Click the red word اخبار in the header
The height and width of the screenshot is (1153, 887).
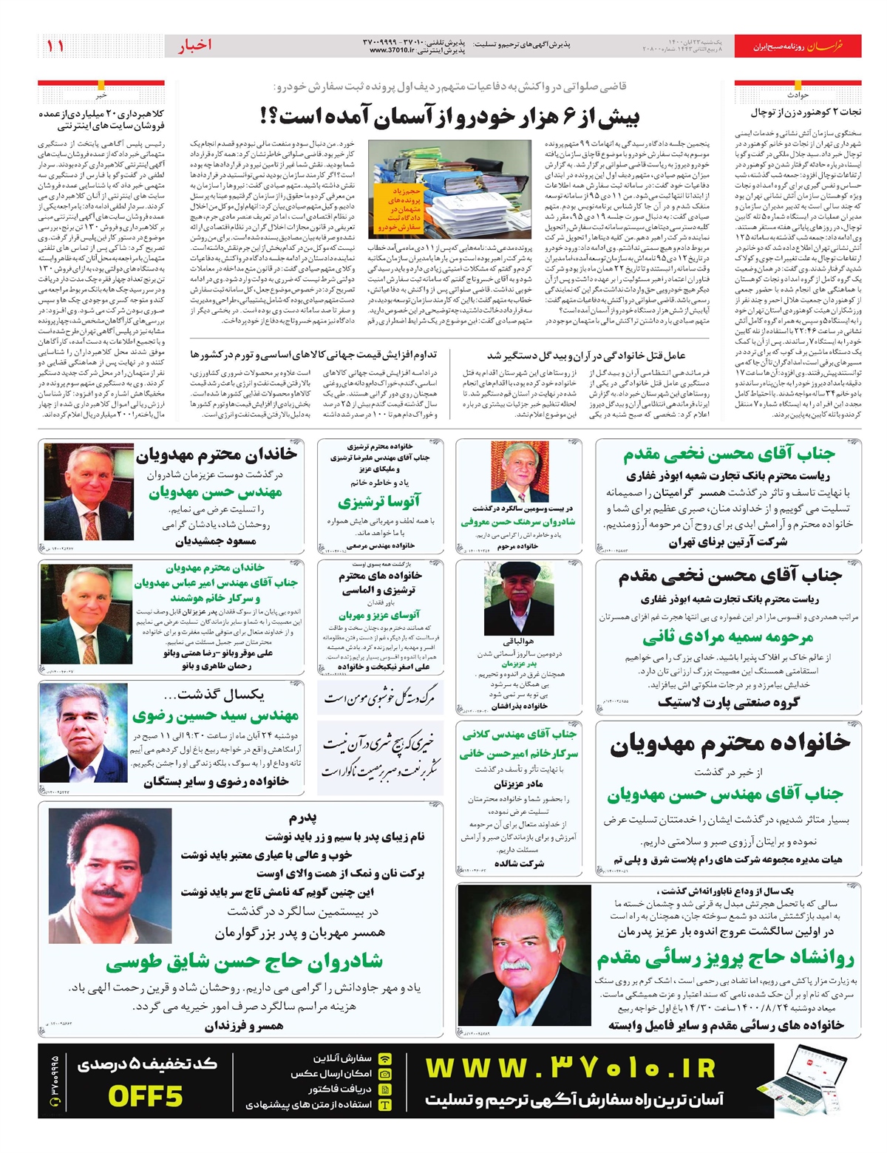tap(194, 46)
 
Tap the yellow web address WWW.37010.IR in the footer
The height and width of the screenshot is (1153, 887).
tap(571, 1069)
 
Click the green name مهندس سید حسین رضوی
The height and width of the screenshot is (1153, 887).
tap(215, 715)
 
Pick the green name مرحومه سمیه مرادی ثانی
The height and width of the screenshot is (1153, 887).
tap(727, 637)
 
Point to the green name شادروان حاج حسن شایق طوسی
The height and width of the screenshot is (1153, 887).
tap(244, 962)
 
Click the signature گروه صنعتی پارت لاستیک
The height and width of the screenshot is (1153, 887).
tap(728, 702)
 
